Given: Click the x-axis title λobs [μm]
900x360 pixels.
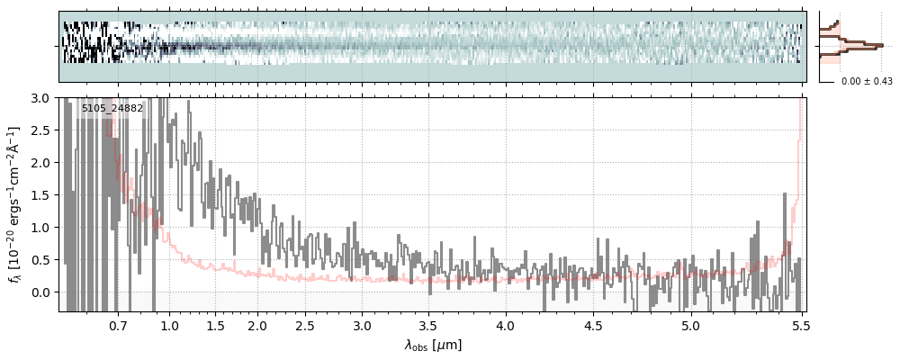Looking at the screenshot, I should pos(433,344).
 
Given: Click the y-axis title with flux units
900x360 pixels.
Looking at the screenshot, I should pos(15,204).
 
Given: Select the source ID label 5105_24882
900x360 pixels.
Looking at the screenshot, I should pos(112,109).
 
